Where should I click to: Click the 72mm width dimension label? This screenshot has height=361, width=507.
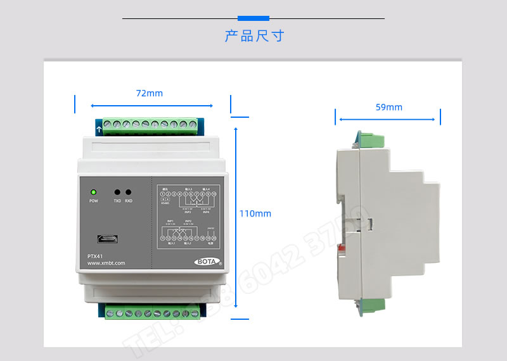pos(150,93)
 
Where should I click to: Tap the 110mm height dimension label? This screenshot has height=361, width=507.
pos(255,213)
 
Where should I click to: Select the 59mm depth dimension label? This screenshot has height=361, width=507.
pos(388,107)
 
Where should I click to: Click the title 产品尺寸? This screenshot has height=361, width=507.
pos(254,35)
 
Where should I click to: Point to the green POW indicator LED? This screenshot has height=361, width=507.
pos(93,192)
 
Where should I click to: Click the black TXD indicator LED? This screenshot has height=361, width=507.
pos(117,192)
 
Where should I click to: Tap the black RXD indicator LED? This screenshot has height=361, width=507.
pos(129,192)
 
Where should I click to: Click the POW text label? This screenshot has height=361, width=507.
pos(93,201)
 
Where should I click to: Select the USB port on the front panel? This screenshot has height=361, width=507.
pos(106,239)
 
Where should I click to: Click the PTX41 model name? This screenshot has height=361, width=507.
pos(95,256)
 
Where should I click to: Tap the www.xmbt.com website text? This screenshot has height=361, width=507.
pos(106,263)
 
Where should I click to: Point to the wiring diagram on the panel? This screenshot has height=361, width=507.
pos(188,215)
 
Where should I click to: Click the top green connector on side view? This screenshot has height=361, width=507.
pos(371,138)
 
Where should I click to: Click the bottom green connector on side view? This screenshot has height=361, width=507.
pos(372,306)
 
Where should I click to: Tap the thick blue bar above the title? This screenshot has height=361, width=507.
pos(253,18)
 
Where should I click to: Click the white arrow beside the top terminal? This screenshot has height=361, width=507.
pos(99,130)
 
